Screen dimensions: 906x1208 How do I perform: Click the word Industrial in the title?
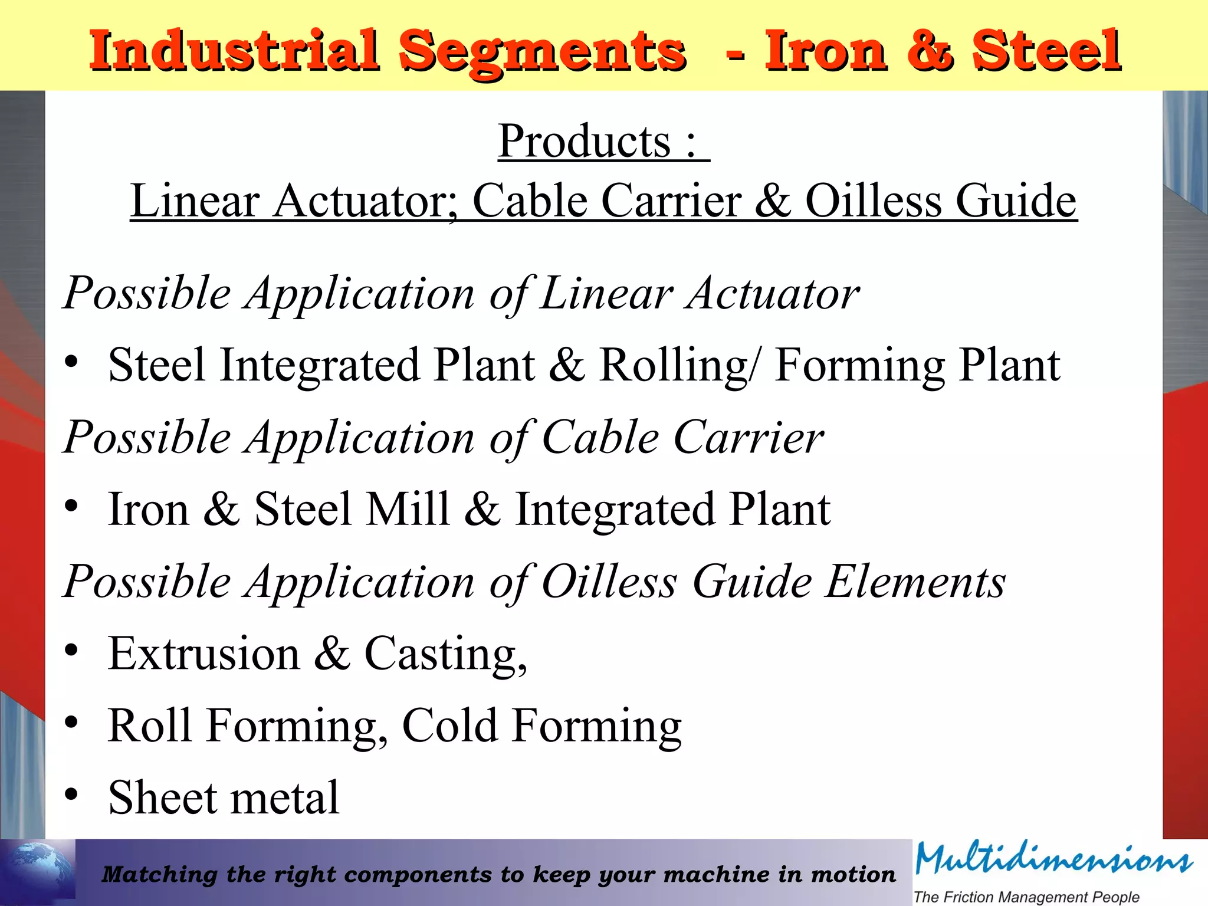[x=233, y=51]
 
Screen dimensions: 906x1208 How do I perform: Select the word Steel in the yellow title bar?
[x=1046, y=51]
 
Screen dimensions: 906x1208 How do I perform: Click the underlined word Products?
[x=585, y=142]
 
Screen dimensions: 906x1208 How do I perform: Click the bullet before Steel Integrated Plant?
[x=71, y=362]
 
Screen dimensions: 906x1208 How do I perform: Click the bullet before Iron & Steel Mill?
[x=71, y=505]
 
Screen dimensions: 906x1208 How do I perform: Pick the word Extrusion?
[x=204, y=654]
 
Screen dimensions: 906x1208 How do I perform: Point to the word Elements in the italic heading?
[x=915, y=582]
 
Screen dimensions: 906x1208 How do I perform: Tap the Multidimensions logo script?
[x=1053, y=860]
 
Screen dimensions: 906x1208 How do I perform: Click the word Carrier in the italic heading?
[x=748, y=438]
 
